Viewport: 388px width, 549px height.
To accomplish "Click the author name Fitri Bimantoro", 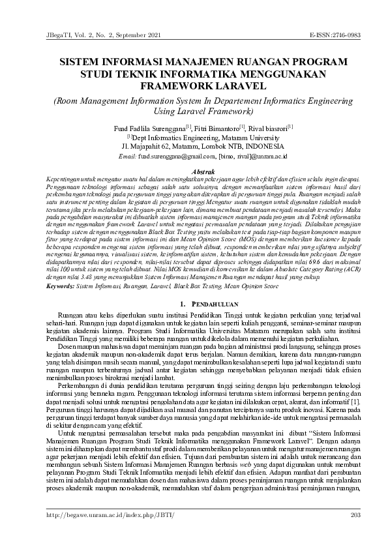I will click(x=218, y=128).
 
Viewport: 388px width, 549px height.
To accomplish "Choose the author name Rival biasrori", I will click(x=269, y=128).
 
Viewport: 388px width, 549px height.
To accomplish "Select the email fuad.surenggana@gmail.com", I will click(x=176, y=157).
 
